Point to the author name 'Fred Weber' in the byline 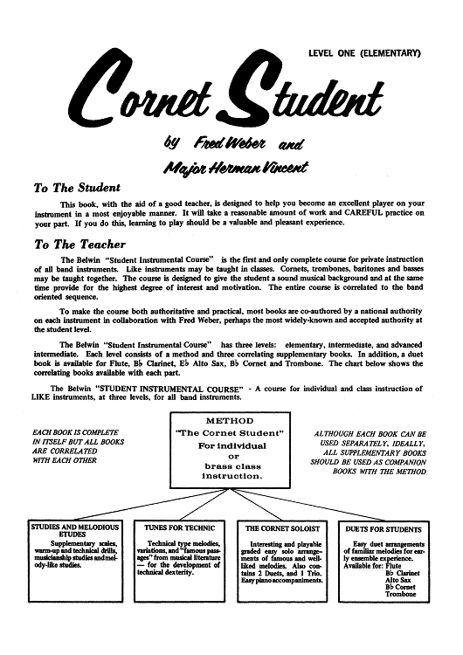click(x=225, y=142)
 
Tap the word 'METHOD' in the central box click(x=231, y=421)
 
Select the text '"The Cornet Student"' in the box click(x=231, y=436)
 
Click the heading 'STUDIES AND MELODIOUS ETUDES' click(x=73, y=533)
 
